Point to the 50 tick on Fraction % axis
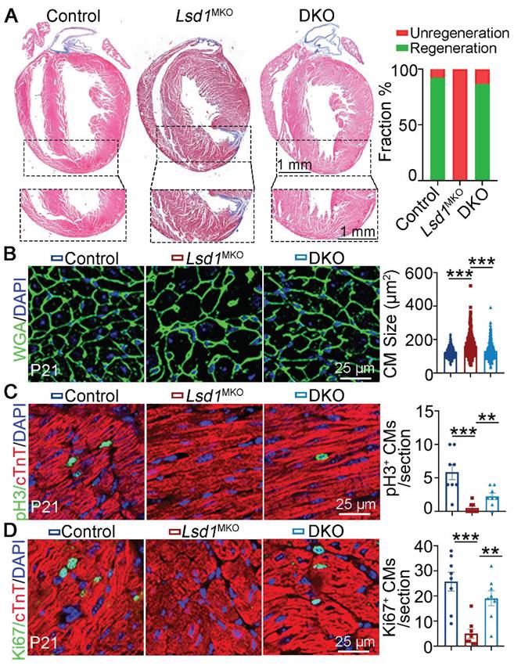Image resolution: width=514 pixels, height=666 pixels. pyautogui.click(x=412, y=124)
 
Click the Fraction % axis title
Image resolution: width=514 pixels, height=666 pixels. pyautogui.click(x=385, y=123)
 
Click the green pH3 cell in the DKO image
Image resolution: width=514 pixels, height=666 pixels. pyautogui.click(x=320, y=455)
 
